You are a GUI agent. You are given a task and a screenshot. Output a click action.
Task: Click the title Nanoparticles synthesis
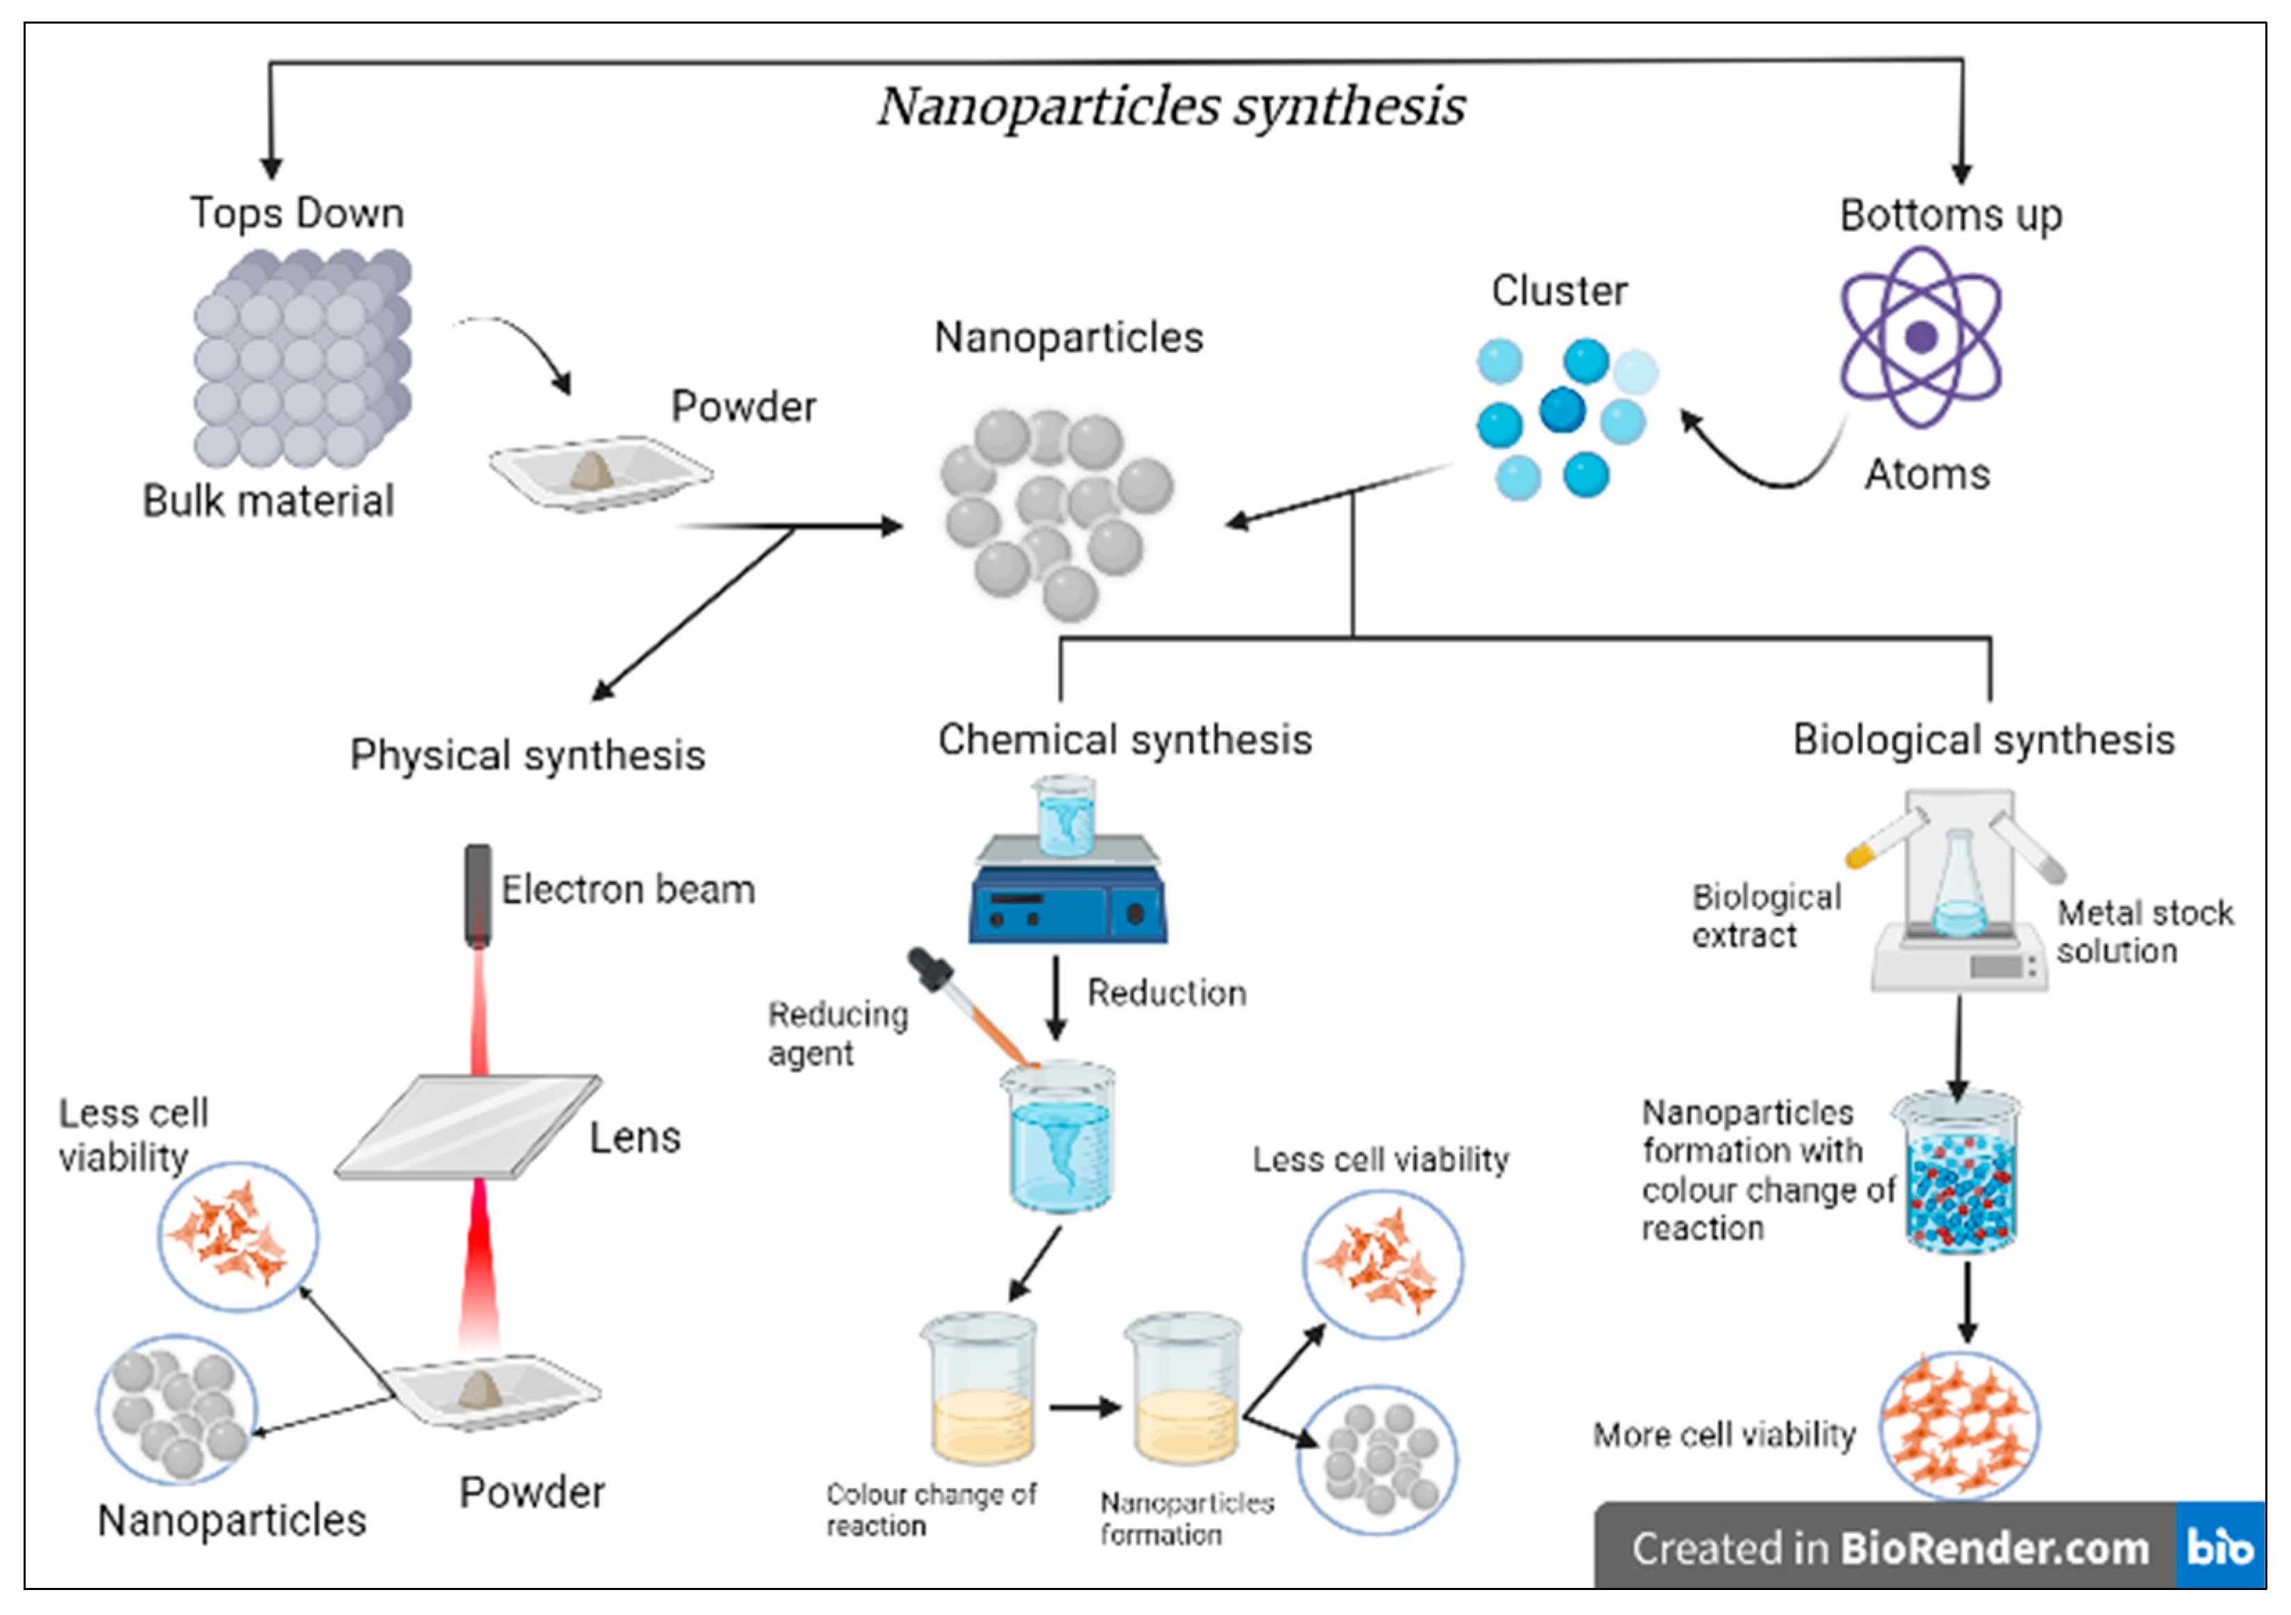pyautogui.click(x=1170, y=105)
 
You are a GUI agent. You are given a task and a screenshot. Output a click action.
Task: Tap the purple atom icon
pyautogui.click(x=1920, y=337)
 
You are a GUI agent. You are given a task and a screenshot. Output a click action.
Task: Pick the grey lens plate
pyautogui.click(x=467, y=1126)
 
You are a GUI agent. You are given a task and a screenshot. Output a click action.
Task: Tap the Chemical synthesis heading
pyautogui.click(x=1125, y=740)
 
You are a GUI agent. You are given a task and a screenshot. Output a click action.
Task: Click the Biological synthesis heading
pyautogui.click(x=1983, y=740)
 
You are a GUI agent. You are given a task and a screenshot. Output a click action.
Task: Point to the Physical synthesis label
pyautogui.click(x=527, y=754)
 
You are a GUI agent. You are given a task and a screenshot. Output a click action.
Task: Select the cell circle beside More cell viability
pyautogui.click(x=1958, y=1426)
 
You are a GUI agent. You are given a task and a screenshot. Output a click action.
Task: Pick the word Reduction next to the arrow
pyautogui.click(x=1166, y=992)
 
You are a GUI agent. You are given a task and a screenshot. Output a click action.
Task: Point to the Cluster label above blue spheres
pyautogui.click(x=1558, y=291)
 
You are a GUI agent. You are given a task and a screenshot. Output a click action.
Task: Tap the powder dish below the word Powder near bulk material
pyautogui.click(x=599, y=472)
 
